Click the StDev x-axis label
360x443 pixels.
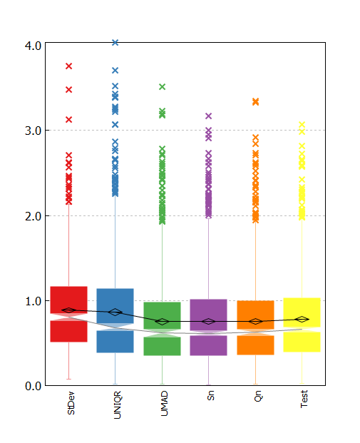pos(71,403)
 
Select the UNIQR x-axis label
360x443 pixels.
pos(117,404)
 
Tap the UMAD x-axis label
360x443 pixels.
pos(164,404)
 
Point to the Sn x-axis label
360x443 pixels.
pos(210,395)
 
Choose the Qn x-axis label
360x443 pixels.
pos(258,396)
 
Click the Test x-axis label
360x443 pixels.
pos(304,399)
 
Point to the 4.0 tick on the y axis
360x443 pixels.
pos(33,46)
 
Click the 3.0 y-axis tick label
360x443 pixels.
pos(33,131)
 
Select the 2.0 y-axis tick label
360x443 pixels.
pos(33,216)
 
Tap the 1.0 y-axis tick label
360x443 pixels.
pos(33,301)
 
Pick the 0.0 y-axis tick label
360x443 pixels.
pos(33,386)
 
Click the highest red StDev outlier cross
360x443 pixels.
pos(69,66)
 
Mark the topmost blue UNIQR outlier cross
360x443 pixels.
pos(115,43)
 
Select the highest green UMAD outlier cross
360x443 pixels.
pos(162,87)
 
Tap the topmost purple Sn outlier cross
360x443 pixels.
pos(208,116)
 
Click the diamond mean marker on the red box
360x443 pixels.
pos(69,310)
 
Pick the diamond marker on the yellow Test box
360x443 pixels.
pos(302,320)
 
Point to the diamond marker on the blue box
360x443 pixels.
pos(115,312)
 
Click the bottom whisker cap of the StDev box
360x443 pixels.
pos(69,379)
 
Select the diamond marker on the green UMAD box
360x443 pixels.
pos(162,322)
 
